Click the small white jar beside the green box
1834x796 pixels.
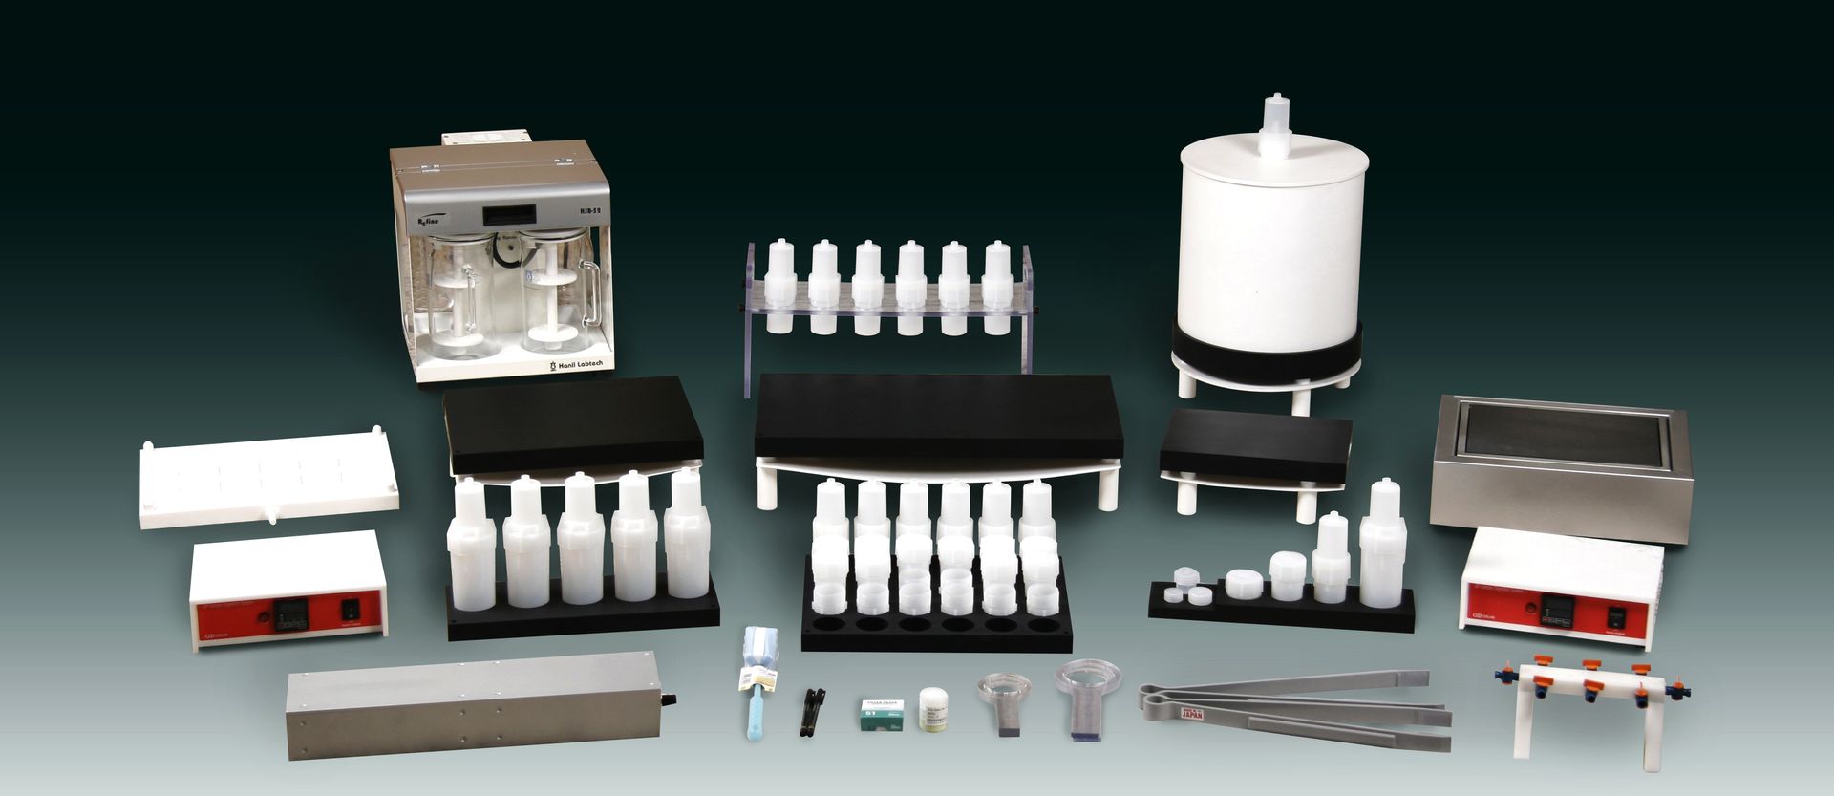click(930, 709)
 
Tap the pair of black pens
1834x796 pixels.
click(812, 711)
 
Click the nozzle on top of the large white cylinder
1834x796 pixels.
click(1276, 123)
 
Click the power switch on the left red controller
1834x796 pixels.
click(351, 606)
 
